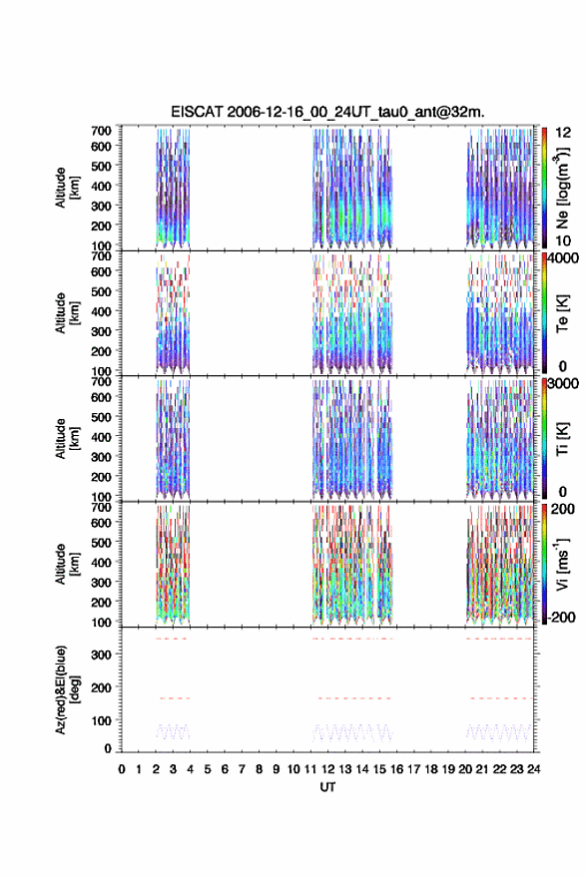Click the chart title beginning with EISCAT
[328, 112]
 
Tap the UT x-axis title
[328, 787]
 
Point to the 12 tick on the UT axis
[328, 769]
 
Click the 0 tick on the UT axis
[122, 769]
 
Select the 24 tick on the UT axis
[534, 769]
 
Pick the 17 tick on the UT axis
[413, 769]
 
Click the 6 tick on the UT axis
[225, 769]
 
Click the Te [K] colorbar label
[562, 313]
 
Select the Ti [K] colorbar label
[562, 439]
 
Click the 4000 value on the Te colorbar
[562, 258]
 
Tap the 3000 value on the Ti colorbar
[563, 384]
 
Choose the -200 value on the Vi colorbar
[560, 618]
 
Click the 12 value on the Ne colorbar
[564, 133]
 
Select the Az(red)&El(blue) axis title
[68, 689]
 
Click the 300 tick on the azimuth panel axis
[101, 655]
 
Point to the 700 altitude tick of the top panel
[101, 131]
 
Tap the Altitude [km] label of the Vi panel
[67, 564]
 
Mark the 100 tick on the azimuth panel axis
[101, 720]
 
